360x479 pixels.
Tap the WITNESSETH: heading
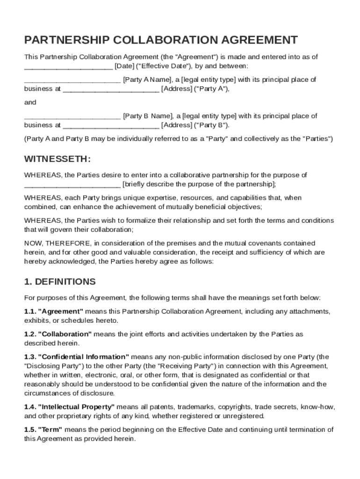click(57, 159)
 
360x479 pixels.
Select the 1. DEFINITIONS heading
click(60, 282)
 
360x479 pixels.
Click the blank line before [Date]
click(68, 66)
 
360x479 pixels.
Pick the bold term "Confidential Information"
click(83, 356)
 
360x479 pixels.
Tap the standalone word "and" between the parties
click(30, 102)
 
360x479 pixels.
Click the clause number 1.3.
click(29, 356)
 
